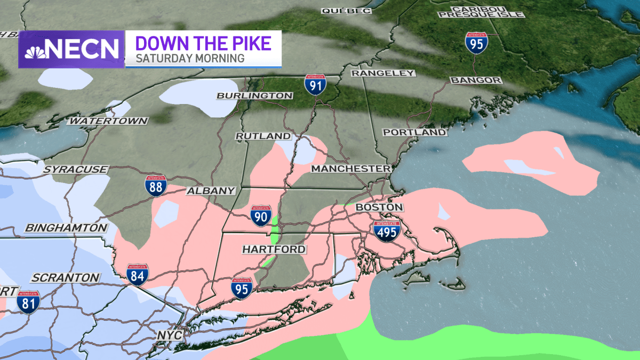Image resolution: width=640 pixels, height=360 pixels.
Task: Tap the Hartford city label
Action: point(274,249)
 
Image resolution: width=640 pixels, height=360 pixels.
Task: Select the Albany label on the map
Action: point(211,191)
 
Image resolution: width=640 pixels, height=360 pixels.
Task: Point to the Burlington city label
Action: point(254,95)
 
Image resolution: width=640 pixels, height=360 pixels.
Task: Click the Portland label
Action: point(414,132)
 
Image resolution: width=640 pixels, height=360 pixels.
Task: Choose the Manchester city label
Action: point(351,169)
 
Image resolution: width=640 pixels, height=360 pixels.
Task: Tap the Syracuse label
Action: point(76,169)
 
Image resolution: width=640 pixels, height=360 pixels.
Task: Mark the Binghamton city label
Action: point(66,228)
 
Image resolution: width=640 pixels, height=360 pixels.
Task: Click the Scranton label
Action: point(65,278)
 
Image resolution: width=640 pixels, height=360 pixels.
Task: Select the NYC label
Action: point(170,335)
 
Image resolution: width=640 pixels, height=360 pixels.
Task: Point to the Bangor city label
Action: point(476,80)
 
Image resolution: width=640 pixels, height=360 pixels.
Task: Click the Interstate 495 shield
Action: point(387,231)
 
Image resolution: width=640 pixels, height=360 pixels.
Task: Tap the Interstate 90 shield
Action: point(260,215)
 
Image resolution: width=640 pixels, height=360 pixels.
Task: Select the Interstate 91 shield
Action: point(315,84)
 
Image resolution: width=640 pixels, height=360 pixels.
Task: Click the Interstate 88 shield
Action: point(155,185)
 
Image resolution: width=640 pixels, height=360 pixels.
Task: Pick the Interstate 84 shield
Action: point(137,274)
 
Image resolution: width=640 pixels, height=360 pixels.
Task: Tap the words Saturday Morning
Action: point(190,58)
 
